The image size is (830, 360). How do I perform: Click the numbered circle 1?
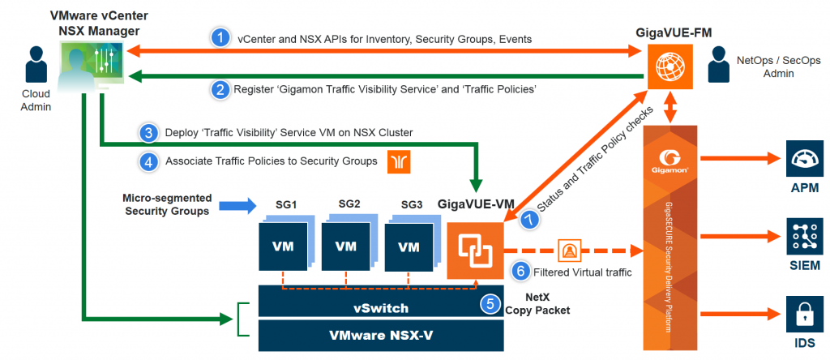click(221, 38)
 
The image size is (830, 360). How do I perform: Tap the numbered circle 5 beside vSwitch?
click(490, 304)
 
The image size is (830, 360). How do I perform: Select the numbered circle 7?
click(528, 220)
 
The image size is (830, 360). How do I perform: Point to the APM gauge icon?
click(804, 157)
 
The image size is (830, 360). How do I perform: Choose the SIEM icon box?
click(804, 235)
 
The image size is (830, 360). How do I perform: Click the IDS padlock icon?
click(804, 315)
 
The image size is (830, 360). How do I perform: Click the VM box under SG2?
click(347, 246)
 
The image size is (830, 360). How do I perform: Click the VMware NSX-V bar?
click(381, 335)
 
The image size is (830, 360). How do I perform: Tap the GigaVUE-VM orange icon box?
click(473, 251)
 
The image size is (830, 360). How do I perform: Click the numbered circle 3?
click(149, 132)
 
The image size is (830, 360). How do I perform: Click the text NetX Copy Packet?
click(537, 304)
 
